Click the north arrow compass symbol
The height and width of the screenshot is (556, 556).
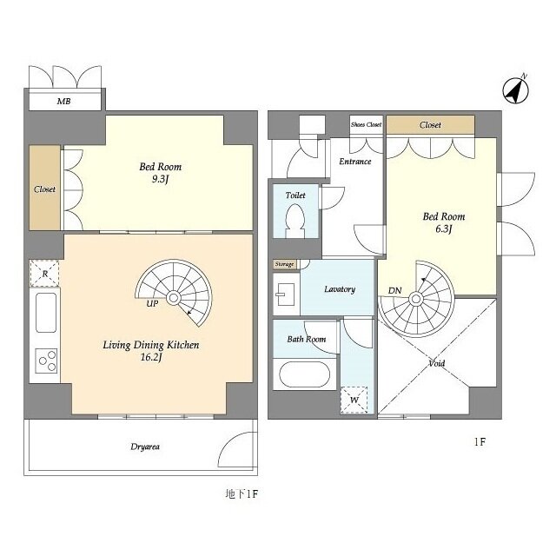[516, 90]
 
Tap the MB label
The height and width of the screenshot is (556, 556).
[63, 102]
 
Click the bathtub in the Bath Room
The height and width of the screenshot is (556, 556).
[305, 374]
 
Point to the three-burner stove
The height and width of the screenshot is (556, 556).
[46, 361]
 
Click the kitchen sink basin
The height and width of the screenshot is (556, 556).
[46, 313]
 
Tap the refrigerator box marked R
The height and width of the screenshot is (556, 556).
[44, 274]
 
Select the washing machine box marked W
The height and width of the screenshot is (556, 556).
[354, 400]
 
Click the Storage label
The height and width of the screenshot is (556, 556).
[284, 264]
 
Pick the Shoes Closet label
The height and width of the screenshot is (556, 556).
[367, 124]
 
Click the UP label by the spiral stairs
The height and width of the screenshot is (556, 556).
[153, 304]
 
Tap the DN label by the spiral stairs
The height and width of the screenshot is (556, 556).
[394, 291]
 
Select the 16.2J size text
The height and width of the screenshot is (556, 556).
[151, 357]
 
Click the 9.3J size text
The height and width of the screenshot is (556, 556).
[160, 179]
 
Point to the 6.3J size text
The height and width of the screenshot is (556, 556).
[444, 229]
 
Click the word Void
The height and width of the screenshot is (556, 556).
[436, 363]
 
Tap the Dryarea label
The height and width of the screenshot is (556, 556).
[145, 447]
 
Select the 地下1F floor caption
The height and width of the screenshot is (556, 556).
[242, 494]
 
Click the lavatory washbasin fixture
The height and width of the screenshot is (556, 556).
[286, 295]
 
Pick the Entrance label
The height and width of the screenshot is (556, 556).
[355, 162]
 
